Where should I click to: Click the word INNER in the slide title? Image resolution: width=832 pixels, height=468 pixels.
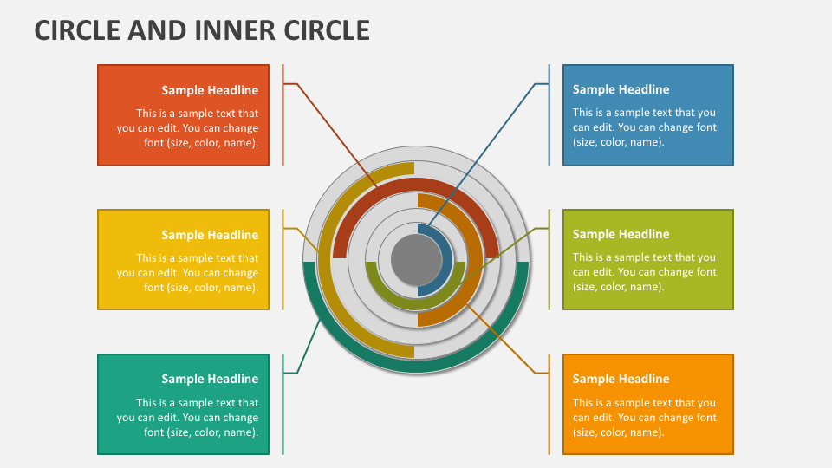pyautogui.click(x=226, y=30)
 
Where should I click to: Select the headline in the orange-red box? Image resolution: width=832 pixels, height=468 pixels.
pyautogui.click(x=210, y=90)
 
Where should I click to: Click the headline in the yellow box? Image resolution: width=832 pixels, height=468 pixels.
pyautogui.click(x=210, y=235)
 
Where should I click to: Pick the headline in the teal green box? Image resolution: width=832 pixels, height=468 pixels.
pyautogui.click(x=210, y=379)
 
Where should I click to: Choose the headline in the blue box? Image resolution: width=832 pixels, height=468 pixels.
pyautogui.click(x=621, y=89)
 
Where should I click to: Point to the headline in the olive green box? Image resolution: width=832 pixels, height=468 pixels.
pyautogui.click(x=621, y=234)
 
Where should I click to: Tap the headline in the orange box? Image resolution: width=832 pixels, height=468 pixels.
pyautogui.click(x=621, y=379)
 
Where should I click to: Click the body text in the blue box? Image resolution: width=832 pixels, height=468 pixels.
pyautogui.click(x=644, y=127)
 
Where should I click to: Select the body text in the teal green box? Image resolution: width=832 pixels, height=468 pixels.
pyautogui.click(x=188, y=418)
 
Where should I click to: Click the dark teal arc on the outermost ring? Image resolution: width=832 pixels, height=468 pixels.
pyautogui.click(x=416, y=367)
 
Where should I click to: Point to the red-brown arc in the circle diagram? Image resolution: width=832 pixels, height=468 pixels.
pyautogui.click(x=416, y=184)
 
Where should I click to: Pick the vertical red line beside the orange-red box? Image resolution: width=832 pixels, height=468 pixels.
pyautogui.click(x=283, y=114)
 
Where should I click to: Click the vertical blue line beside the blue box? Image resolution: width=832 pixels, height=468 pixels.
pyautogui.click(x=549, y=114)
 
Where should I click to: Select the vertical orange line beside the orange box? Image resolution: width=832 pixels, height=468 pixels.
pyautogui.click(x=549, y=404)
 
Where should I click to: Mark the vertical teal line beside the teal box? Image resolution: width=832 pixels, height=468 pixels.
pyautogui.click(x=283, y=404)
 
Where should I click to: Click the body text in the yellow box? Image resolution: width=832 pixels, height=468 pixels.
pyautogui.click(x=188, y=273)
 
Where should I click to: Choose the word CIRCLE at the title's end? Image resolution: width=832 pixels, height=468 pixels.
pyautogui.click(x=327, y=30)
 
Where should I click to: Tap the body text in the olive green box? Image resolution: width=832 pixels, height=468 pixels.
pyautogui.click(x=644, y=272)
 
